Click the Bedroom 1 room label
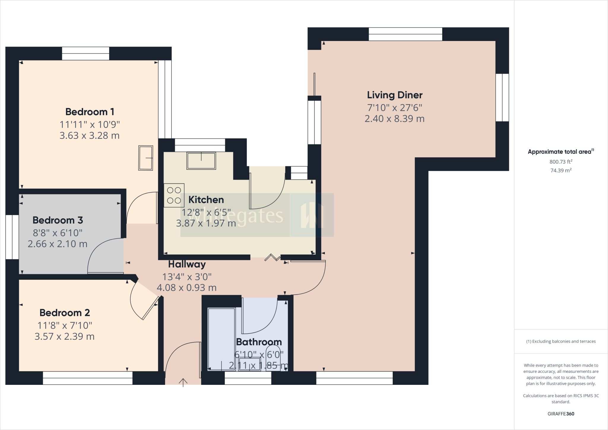click(x=90, y=112)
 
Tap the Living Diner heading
click(x=395, y=95)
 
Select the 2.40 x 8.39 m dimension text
click(x=394, y=119)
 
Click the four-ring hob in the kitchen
click(x=174, y=195)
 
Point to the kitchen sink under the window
click(x=201, y=161)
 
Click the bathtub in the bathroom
click(x=221, y=339)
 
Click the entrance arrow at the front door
click(x=183, y=382)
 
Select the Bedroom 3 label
click(x=58, y=220)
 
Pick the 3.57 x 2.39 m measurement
click(x=64, y=337)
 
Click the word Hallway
click(x=187, y=264)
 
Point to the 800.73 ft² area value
click(x=561, y=162)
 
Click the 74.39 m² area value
click(x=561, y=170)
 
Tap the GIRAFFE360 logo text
click(x=561, y=414)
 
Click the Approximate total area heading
click(x=560, y=152)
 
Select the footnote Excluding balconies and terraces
click(x=561, y=342)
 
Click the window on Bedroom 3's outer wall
click(x=12, y=237)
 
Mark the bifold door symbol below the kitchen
click(x=272, y=257)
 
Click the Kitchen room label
click(x=206, y=200)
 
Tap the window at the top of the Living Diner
click(x=405, y=34)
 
